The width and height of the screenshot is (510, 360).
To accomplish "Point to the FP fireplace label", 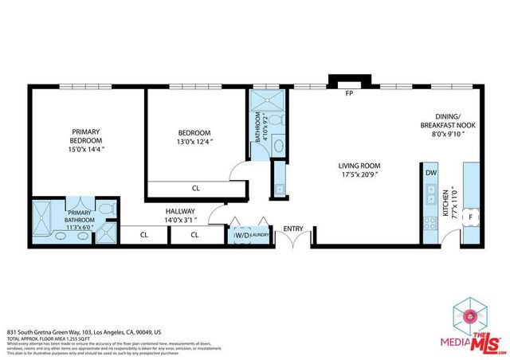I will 348,94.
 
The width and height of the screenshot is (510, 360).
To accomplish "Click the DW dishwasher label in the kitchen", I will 430,172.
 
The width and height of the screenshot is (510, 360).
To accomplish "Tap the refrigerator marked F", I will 471,217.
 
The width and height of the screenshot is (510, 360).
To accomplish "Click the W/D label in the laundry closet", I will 240,235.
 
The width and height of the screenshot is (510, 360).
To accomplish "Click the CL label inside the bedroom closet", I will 195,189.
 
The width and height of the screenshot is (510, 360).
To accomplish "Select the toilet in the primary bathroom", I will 109,209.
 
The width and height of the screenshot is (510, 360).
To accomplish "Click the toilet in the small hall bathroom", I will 274,119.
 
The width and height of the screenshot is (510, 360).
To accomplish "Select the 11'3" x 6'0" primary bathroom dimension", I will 80,226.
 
